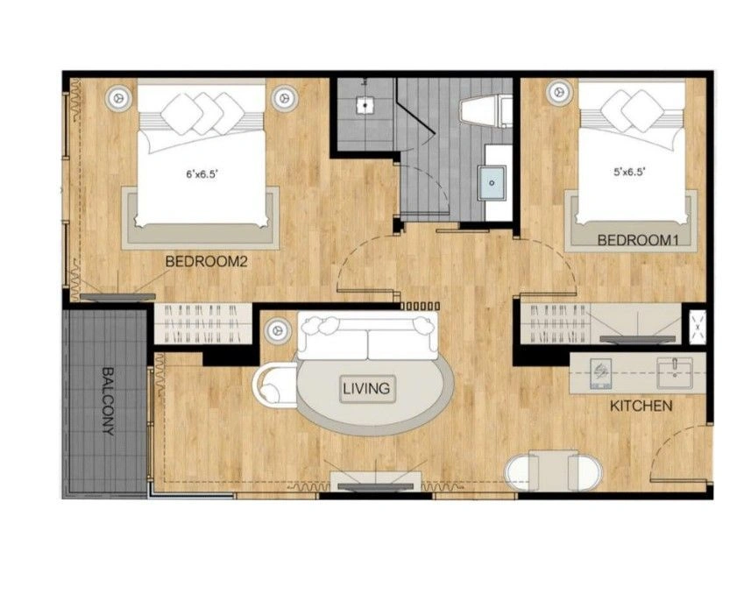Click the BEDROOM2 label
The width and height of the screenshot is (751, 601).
pos(206,261)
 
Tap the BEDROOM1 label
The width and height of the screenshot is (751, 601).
pos(638,240)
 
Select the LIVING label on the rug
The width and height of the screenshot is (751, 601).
pos(367,388)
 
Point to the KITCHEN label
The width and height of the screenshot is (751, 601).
pos(641,407)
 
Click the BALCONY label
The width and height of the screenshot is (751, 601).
pos(109,401)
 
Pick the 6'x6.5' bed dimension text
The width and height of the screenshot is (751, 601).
pos(202,174)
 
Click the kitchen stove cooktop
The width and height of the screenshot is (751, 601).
pos(600,374)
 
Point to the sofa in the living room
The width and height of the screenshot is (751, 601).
pos(368,336)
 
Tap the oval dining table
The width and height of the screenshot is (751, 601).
pos(554,471)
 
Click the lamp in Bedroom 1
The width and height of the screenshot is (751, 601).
pos(557,91)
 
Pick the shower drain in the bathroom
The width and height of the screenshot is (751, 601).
pos(365,105)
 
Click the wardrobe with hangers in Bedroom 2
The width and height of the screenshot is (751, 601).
pos(203,324)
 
